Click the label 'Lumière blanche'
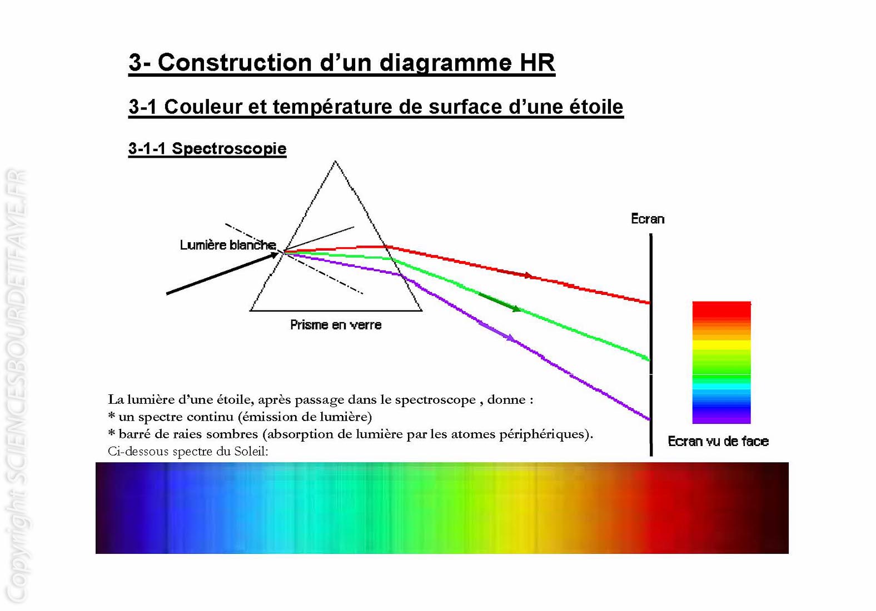(x=228, y=245)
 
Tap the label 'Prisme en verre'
(x=336, y=325)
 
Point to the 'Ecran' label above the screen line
(x=648, y=218)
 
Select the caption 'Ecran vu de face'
(x=718, y=442)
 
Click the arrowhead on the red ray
(x=528, y=276)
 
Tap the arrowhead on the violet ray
(x=510, y=337)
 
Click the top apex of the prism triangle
(x=335, y=161)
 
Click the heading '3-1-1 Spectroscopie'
(x=207, y=148)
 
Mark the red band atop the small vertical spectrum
(x=721, y=311)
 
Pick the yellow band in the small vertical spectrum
(x=721, y=344)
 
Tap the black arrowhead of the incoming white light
(x=273, y=255)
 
